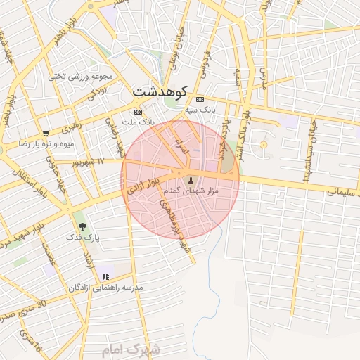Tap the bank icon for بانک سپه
pos(200,99)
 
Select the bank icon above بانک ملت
pos(138,111)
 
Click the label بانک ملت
pos(138,122)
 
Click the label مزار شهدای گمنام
pos(192,191)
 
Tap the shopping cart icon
pos(46,133)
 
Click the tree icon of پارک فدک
pos(83,226)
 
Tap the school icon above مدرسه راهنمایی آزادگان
pos(105,277)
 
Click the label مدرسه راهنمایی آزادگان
pos(105,288)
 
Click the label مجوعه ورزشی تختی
pos(77,75)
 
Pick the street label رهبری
pos(70,129)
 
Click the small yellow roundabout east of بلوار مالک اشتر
pos(264,144)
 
